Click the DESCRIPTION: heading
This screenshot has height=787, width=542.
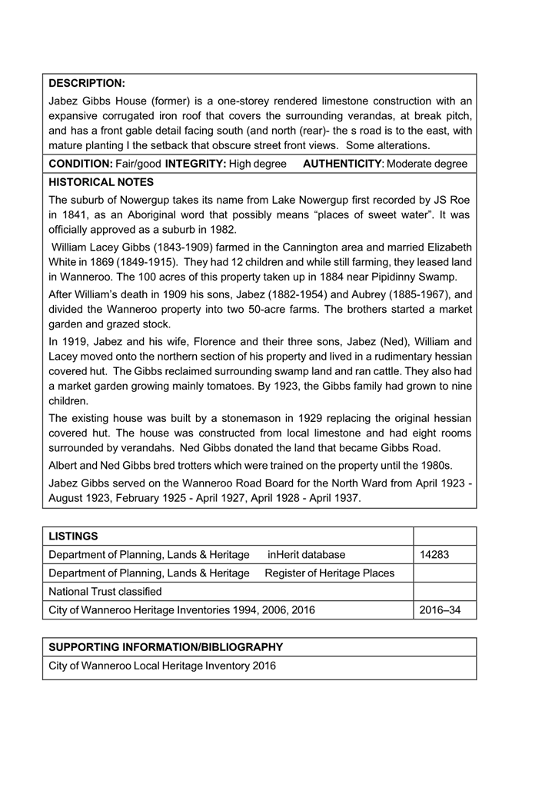[86, 83]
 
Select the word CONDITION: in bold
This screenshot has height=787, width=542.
[81, 164]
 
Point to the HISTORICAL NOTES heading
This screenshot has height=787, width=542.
[101, 182]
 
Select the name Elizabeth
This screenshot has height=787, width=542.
[444, 248]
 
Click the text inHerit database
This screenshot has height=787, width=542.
[307, 554]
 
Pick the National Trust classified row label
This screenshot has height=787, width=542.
[105, 592]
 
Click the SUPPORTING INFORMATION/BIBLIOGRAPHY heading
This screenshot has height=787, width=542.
[165, 647]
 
